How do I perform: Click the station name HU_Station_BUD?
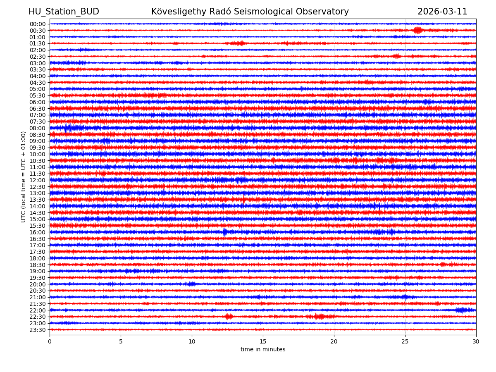click(x=64, y=12)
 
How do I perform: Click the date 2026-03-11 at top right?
click(x=442, y=12)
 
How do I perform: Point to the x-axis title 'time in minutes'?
click(x=263, y=349)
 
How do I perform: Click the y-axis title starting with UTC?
click(x=24, y=176)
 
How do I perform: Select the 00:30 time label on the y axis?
click(x=38, y=30)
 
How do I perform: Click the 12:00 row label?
click(x=38, y=180)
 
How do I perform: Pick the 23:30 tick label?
click(x=38, y=330)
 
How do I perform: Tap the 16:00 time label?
click(x=38, y=232)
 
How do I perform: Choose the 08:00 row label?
click(x=38, y=128)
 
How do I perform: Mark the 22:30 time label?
click(x=38, y=317)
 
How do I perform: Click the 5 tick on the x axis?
click(x=121, y=341)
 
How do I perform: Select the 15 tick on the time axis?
click(x=263, y=341)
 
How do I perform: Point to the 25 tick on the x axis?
click(x=405, y=341)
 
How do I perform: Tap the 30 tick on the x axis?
click(x=476, y=341)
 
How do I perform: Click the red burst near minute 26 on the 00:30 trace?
click(x=418, y=30)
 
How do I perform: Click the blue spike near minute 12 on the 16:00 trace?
click(x=225, y=232)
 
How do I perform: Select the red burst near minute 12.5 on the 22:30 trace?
click(x=229, y=317)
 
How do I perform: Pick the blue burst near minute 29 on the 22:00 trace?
click(x=462, y=310)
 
